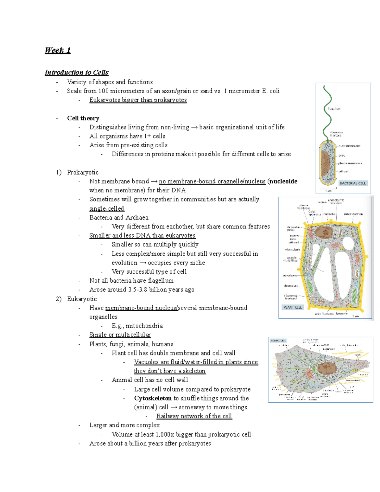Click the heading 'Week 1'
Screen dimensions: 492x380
coord(58,50)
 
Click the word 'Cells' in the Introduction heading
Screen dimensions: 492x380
coord(101,73)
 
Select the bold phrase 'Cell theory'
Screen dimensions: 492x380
coord(83,118)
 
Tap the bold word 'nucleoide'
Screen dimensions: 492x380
coord(283,181)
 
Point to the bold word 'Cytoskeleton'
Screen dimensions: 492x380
coord(153,398)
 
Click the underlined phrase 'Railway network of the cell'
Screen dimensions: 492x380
coord(194,416)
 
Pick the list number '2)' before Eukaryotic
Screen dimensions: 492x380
coord(59,299)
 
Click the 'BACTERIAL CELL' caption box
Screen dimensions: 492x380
coord(352,183)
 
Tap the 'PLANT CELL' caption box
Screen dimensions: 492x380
coord(293,307)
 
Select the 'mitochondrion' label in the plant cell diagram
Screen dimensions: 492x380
coord(353,214)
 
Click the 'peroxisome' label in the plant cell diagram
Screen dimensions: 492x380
coord(290,276)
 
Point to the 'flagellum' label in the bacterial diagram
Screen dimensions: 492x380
coord(334,109)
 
